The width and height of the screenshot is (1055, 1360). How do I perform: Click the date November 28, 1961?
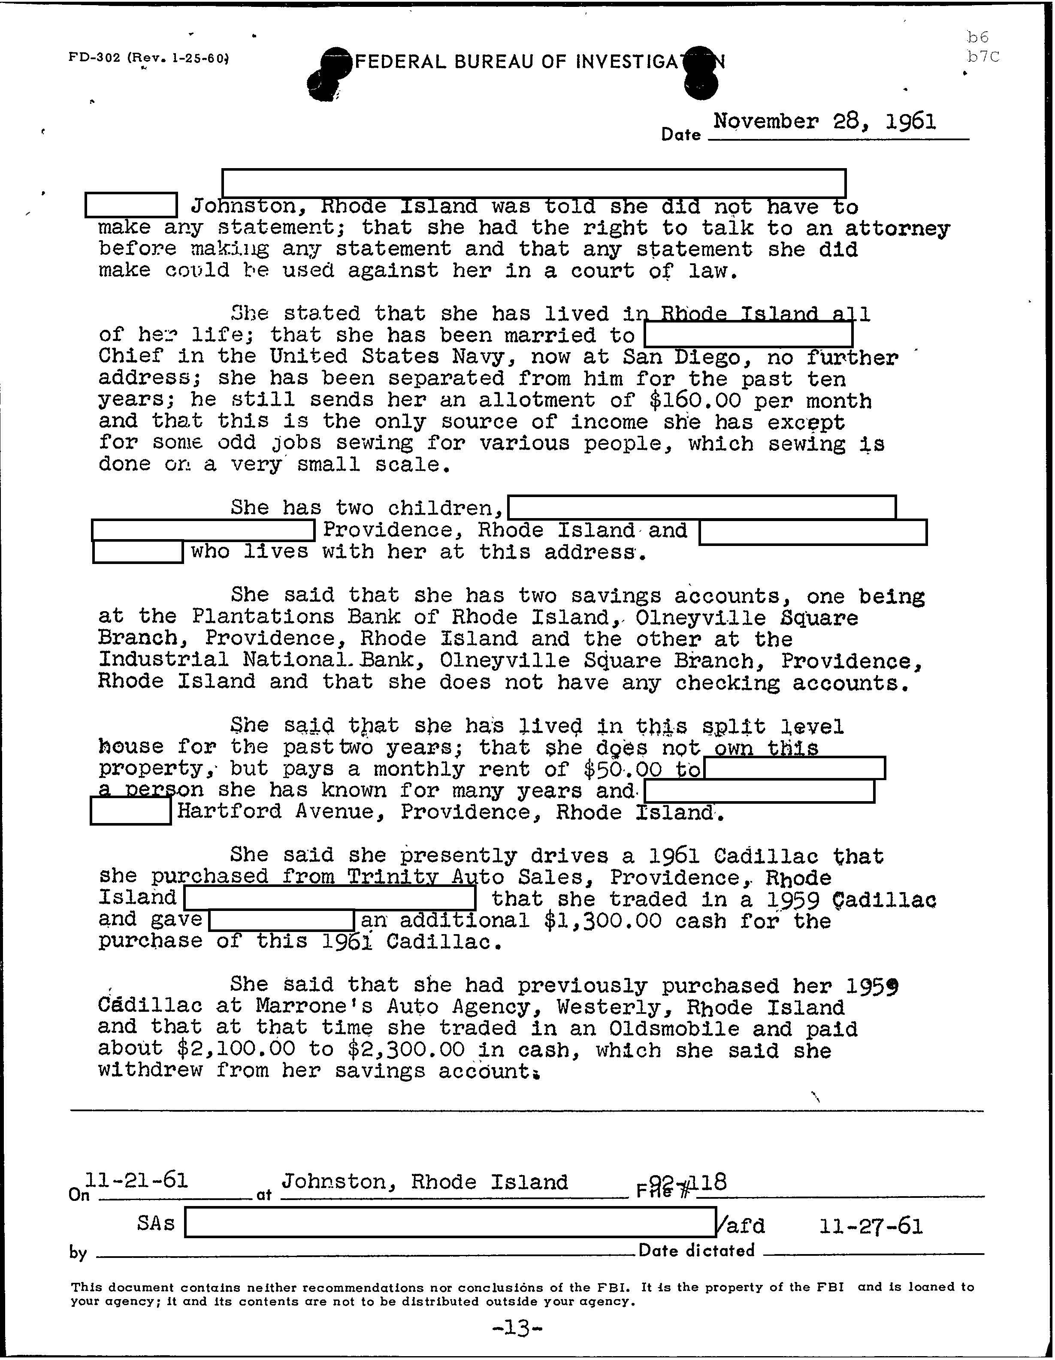point(824,121)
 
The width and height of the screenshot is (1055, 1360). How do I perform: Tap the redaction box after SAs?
point(450,1222)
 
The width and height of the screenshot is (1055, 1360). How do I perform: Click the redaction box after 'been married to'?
point(748,335)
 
